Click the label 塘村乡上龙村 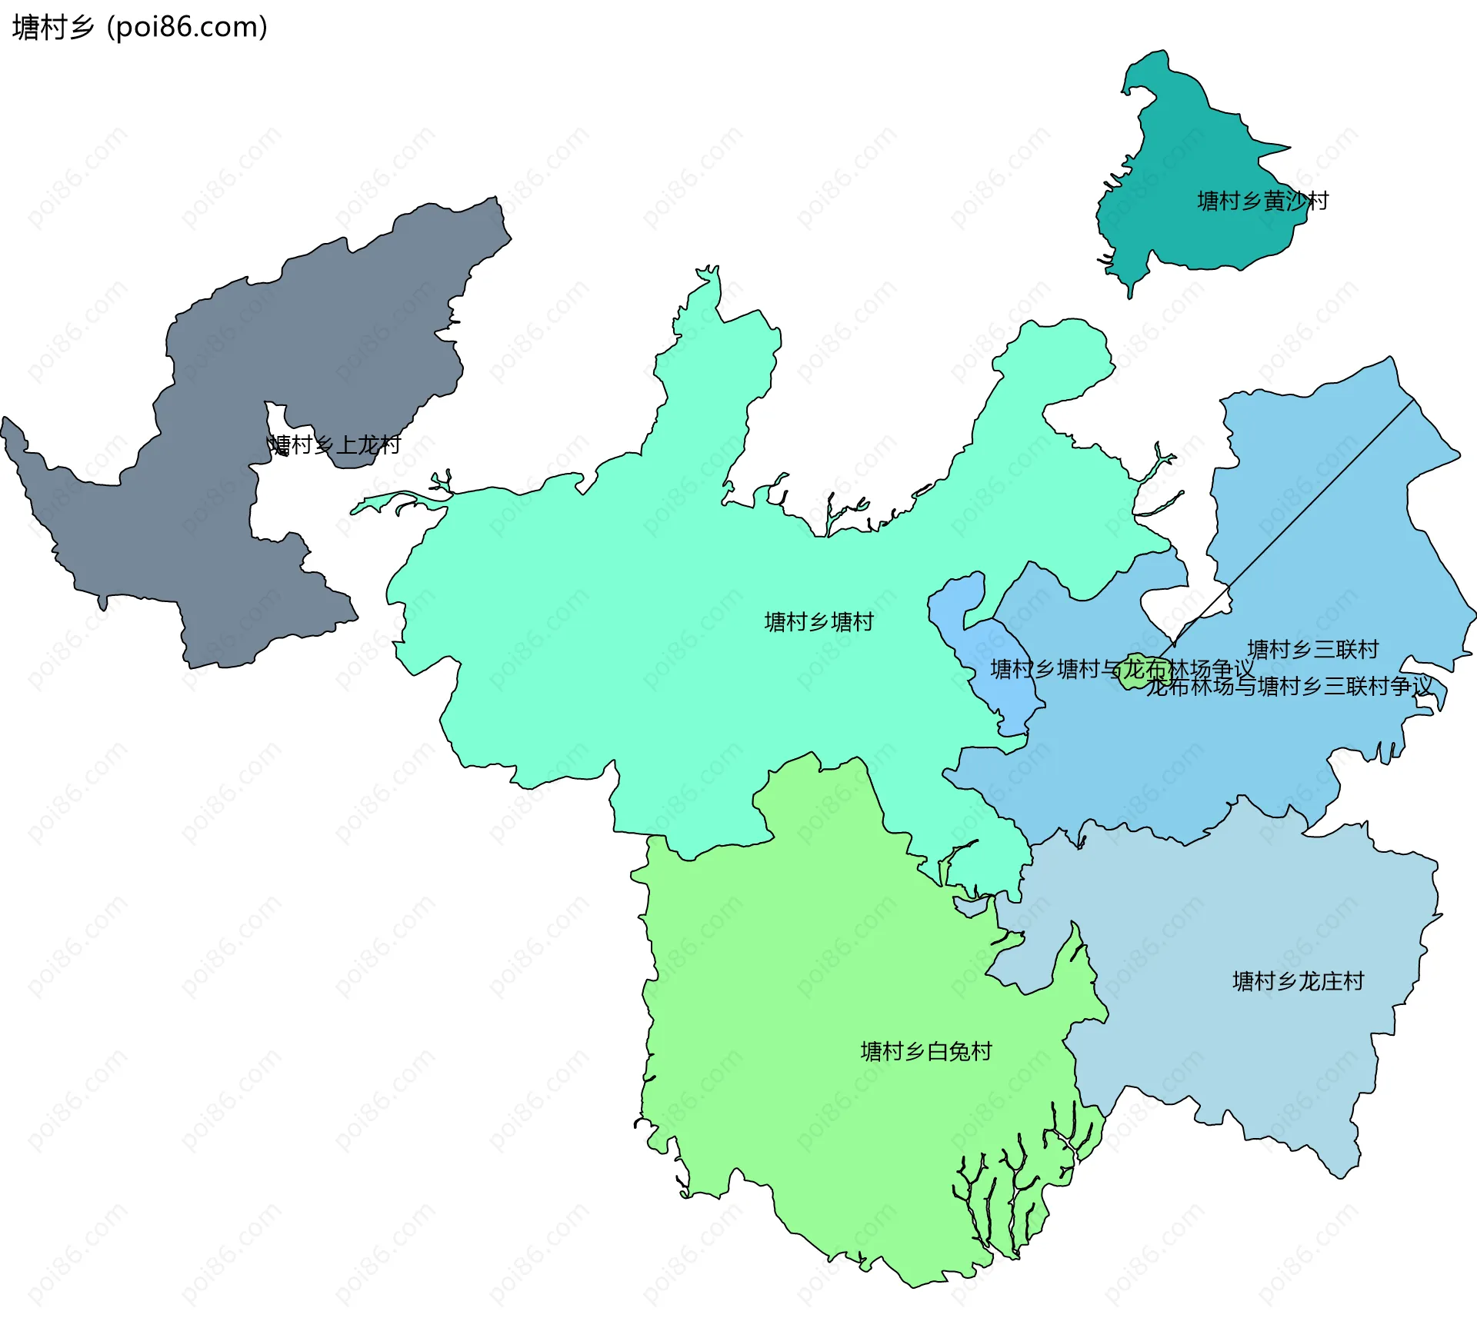(335, 444)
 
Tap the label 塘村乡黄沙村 (1262, 201)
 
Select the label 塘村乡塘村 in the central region (819, 621)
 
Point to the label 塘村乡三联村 (1312, 649)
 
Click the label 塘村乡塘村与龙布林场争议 (1122, 669)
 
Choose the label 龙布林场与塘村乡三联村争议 (1289, 686)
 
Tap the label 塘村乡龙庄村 (1298, 980)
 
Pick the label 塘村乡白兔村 (926, 1050)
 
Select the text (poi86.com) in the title (187, 28)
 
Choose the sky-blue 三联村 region (1308, 538)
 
